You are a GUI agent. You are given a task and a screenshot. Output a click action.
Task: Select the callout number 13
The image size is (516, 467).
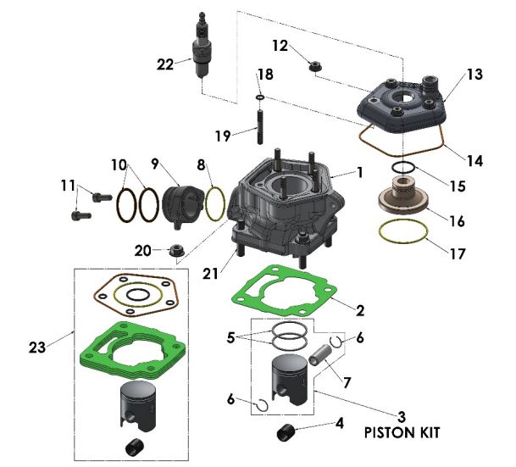pyautogui.click(x=474, y=75)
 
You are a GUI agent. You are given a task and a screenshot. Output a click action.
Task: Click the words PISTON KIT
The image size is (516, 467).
pyautogui.click(x=402, y=432)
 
